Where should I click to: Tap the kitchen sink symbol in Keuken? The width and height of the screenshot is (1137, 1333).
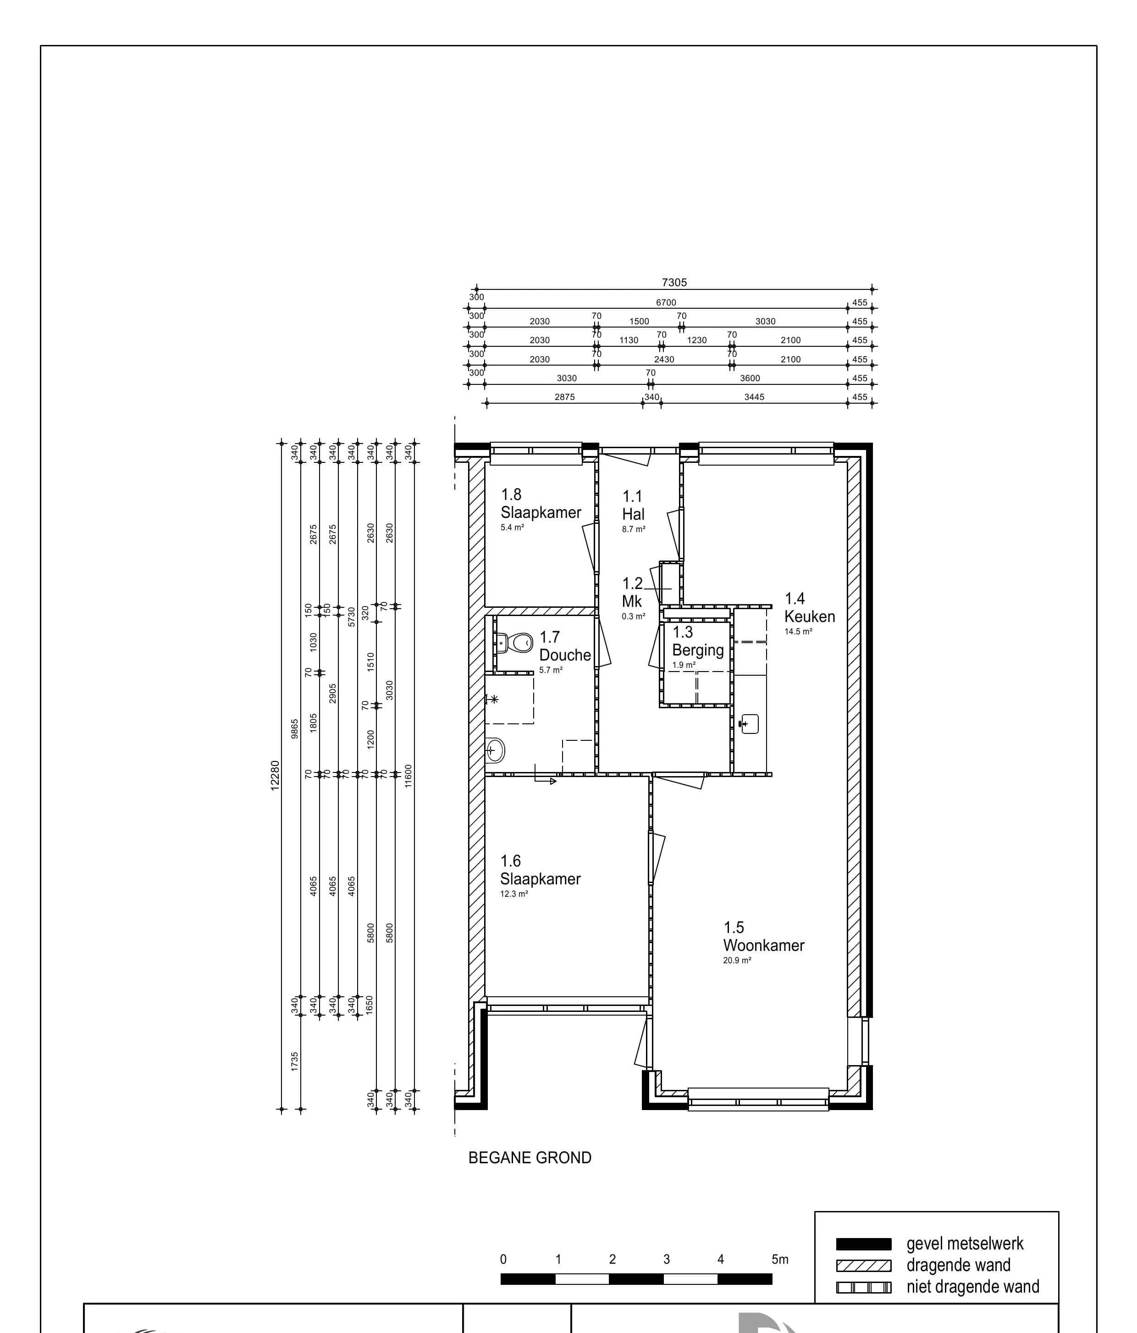[x=749, y=724]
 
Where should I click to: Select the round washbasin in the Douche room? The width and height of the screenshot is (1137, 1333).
[x=495, y=750]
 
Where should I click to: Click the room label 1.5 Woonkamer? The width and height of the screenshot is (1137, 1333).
[x=763, y=936]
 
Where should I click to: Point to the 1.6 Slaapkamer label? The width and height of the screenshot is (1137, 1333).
[x=540, y=870]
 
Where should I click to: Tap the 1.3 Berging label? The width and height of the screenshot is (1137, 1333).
[x=698, y=641]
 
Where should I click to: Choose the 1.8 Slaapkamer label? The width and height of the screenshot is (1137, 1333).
[x=541, y=503]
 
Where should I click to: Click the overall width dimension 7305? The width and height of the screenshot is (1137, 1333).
[x=674, y=283]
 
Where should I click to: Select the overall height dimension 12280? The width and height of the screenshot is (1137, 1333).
[x=275, y=775]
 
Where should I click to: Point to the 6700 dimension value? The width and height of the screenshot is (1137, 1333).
[x=666, y=302]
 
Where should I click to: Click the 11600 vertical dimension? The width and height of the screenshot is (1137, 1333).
[x=408, y=775]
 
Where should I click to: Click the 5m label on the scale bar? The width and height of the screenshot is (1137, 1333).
[x=779, y=1259]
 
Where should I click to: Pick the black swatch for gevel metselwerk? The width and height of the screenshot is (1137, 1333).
[x=863, y=1244]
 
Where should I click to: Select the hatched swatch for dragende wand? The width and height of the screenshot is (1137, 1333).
[x=863, y=1266]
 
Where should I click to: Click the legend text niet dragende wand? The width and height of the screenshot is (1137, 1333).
[x=972, y=1286]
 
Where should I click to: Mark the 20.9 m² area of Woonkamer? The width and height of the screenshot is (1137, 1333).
[x=737, y=961]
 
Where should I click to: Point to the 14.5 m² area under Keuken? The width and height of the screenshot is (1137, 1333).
[x=798, y=632]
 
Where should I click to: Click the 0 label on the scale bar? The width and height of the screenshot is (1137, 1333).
[x=503, y=1259]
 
